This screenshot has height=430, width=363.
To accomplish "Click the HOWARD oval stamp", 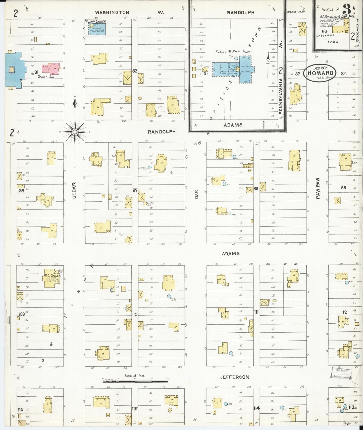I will point(319,73).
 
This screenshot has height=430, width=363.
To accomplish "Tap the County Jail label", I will point(46,77).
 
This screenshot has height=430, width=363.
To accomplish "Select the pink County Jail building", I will point(52,68).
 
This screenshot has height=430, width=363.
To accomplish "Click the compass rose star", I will point(75,131).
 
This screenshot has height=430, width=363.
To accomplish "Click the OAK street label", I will point(197,194).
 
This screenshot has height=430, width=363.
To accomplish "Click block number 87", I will point(135,190).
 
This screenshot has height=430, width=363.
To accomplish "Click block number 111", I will point(256,312).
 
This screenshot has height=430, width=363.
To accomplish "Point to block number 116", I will point(20,410).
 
